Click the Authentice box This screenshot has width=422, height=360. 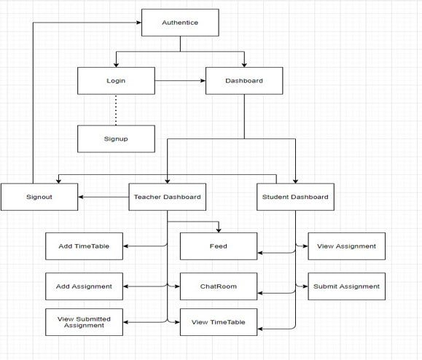(180, 23)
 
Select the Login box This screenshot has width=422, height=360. (115, 80)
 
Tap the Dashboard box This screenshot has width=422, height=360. (243, 80)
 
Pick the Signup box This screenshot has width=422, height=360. (115, 138)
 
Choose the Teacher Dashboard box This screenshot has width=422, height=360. (167, 197)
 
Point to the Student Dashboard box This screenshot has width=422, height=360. (295, 197)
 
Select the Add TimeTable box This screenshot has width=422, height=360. (84, 246)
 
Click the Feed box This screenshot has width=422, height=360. (218, 246)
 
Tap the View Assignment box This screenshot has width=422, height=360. (346, 246)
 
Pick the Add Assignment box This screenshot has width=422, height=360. (84, 286)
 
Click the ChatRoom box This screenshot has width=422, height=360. (218, 286)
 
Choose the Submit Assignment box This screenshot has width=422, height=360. (346, 286)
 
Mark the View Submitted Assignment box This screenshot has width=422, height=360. (84, 321)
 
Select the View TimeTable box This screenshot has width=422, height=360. (218, 322)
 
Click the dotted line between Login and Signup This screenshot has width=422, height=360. (115, 109)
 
